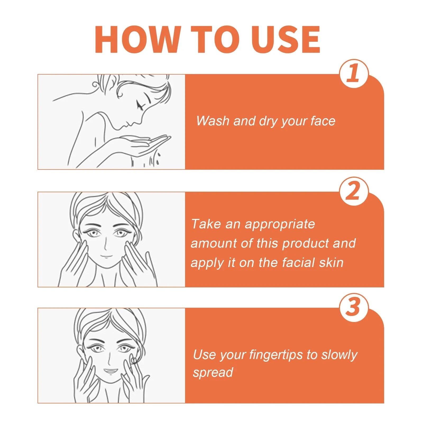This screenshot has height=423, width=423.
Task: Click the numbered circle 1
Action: click(353, 73)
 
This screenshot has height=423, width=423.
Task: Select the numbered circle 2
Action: click(353, 191)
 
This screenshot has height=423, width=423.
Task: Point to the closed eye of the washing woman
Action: click(140, 105)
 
